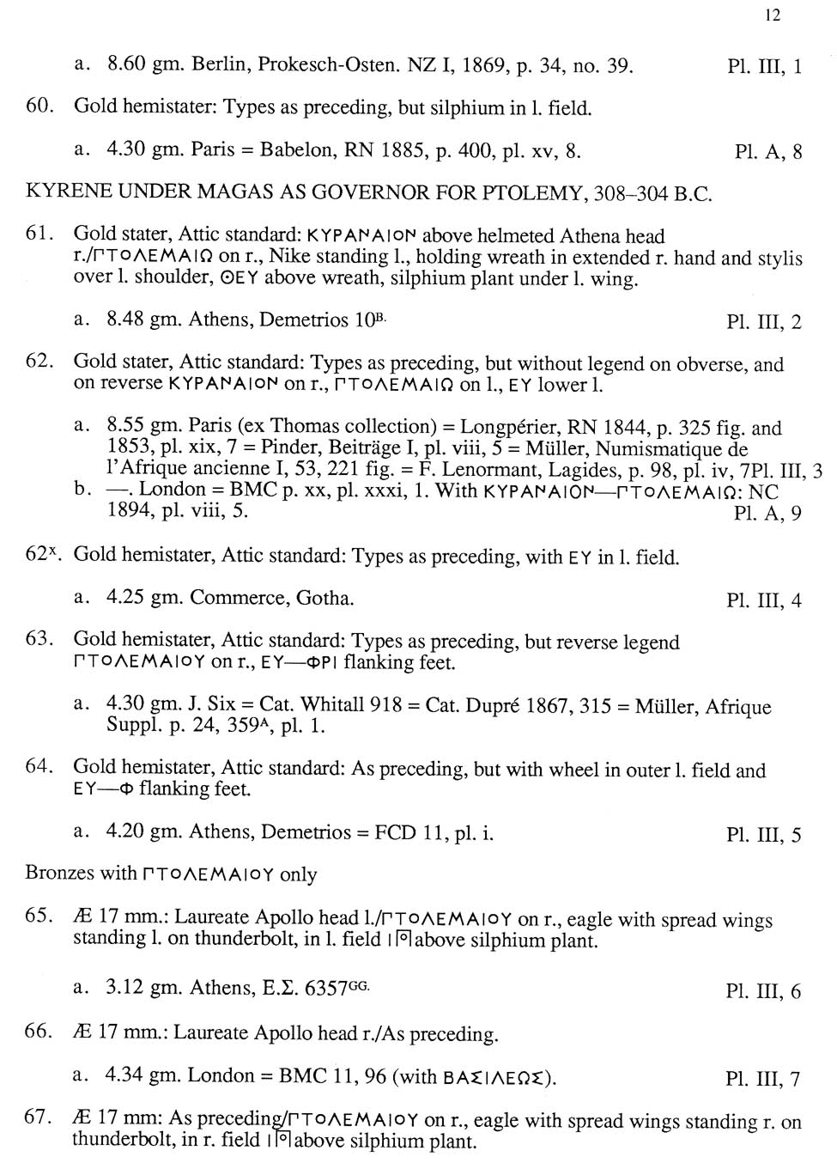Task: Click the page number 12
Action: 773,15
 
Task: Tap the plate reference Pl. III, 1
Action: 764,66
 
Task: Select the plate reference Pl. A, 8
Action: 768,152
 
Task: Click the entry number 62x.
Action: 43,555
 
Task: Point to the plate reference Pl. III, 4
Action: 763,600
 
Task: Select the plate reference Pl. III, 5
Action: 763,834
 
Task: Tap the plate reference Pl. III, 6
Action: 763,991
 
